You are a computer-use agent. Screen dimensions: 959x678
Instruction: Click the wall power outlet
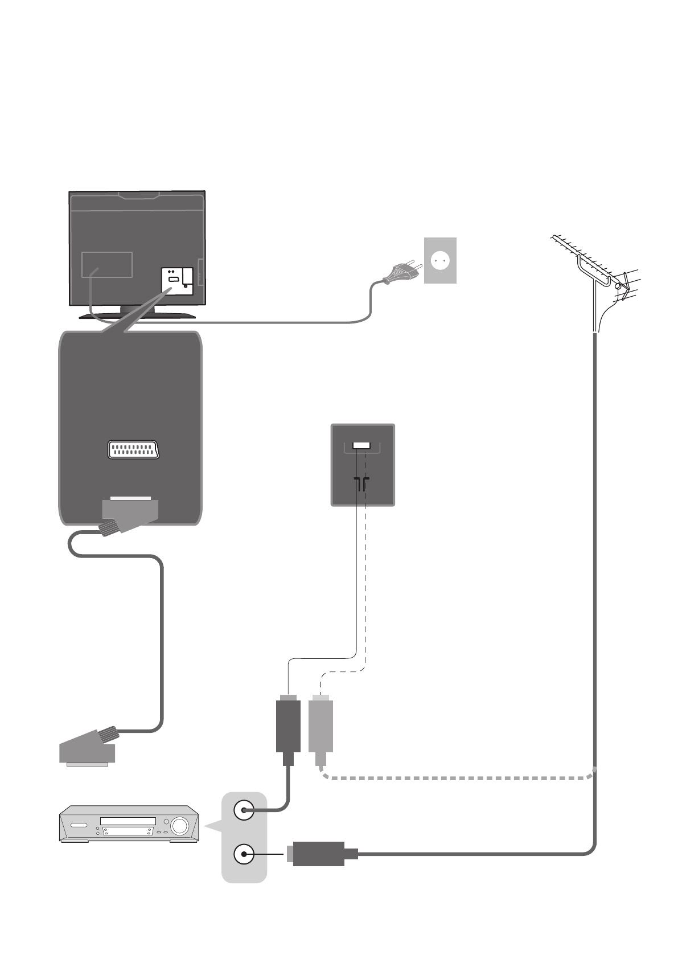pos(440,260)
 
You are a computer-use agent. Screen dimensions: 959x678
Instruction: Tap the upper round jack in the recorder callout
pos(244,810)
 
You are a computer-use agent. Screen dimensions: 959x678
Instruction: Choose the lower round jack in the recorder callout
pos(244,854)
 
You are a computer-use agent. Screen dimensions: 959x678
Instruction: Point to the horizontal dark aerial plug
pos(319,854)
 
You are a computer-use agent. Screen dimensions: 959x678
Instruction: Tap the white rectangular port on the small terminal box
pos(361,445)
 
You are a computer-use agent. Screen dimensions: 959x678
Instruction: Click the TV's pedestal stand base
pos(137,314)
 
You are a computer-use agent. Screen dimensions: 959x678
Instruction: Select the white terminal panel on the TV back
pos(177,281)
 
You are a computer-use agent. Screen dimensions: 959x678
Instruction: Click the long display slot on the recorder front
pos(128,821)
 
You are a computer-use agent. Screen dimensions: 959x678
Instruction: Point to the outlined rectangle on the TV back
pos(107,265)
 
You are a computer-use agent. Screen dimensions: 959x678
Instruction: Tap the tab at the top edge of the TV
pos(139,195)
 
